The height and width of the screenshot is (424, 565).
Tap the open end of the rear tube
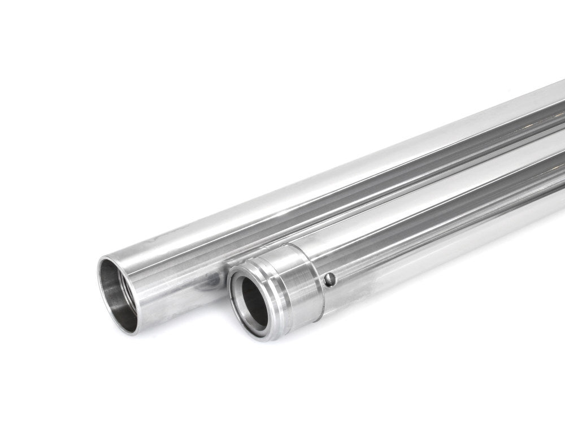pyautogui.click(x=119, y=294)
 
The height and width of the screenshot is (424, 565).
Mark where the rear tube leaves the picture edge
pyautogui.click(x=559, y=113)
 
